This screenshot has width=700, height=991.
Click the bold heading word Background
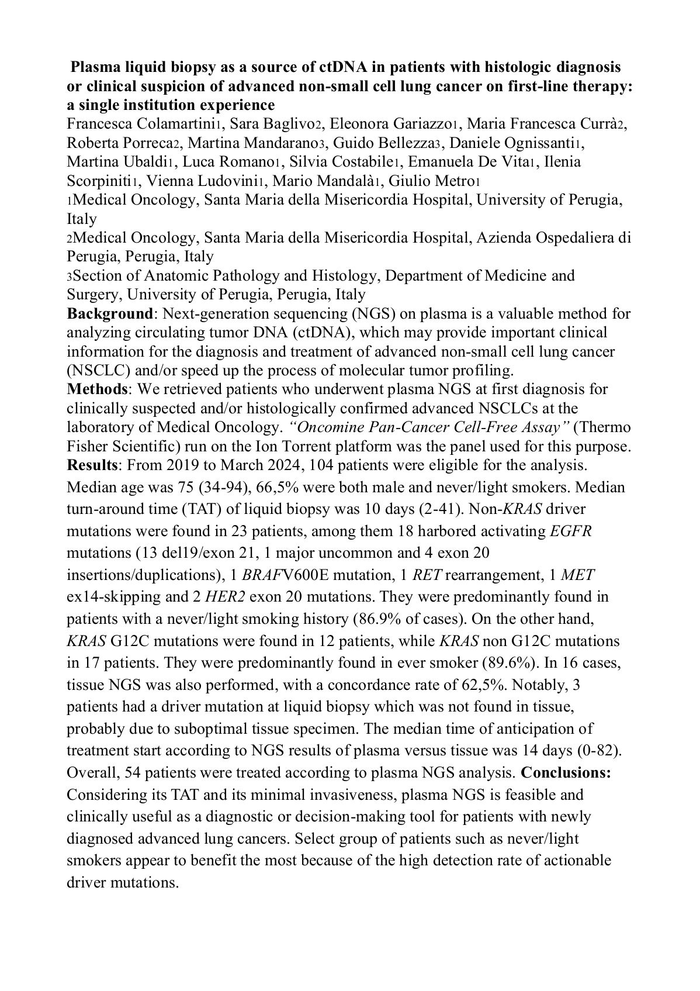[x=109, y=313]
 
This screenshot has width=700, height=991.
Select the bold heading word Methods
[x=96, y=389]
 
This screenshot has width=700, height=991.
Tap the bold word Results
[x=93, y=465]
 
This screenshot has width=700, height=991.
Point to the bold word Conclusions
[x=566, y=772]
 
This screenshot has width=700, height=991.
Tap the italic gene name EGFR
[x=571, y=531]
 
